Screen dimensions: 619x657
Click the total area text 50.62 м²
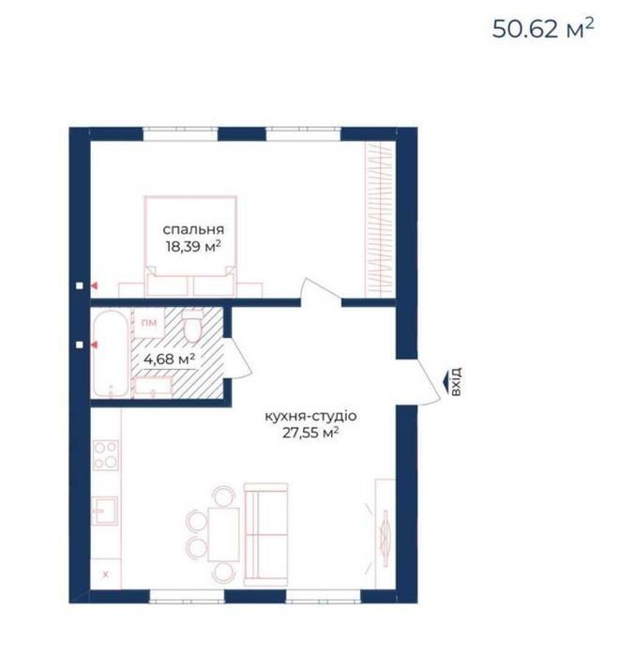(x=543, y=29)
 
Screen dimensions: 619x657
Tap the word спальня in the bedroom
(x=193, y=230)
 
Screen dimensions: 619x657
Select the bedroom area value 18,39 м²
(x=193, y=246)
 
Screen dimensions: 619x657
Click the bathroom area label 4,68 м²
(x=169, y=359)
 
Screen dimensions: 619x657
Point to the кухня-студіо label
(x=310, y=416)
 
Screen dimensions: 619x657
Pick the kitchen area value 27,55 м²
(x=310, y=433)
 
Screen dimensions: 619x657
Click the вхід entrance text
(x=456, y=381)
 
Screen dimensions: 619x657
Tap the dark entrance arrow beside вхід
(x=445, y=381)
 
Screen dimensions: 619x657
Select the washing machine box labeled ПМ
(x=149, y=323)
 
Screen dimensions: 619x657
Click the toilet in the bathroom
(x=193, y=326)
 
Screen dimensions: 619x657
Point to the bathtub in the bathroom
(x=111, y=353)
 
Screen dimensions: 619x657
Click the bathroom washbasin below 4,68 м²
(x=153, y=387)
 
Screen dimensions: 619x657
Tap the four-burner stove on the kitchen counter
(x=105, y=455)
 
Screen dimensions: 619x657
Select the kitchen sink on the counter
(x=105, y=511)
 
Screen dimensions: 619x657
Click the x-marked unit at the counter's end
(x=106, y=574)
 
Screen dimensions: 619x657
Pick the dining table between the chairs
(x=223, y=534)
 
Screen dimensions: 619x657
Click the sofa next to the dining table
(x=265, y=535)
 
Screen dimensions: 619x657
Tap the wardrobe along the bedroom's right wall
(x=380, y=220)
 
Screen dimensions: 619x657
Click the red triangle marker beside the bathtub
(x=95, y=344)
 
